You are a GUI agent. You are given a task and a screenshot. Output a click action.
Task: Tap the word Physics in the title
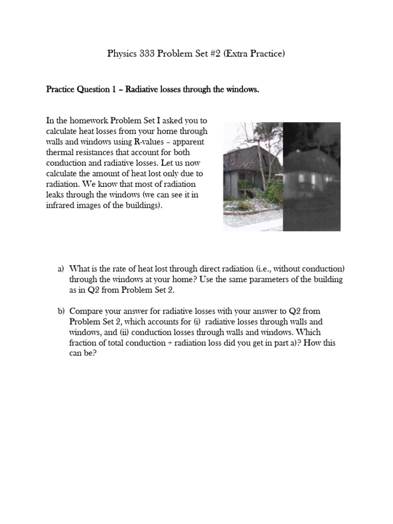point(121,54)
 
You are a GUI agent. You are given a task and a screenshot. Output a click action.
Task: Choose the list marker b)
point(61,311)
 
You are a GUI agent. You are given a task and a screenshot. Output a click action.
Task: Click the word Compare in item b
point(85,311)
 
